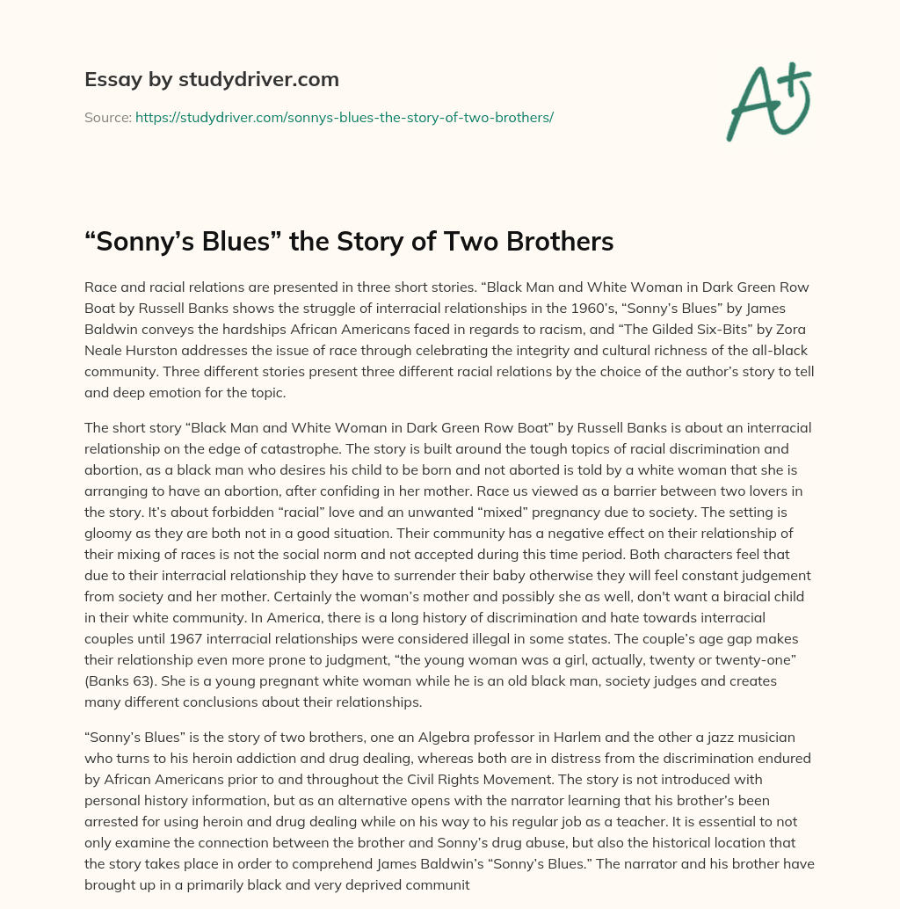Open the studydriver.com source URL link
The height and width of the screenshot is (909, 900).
[x=344, y=116]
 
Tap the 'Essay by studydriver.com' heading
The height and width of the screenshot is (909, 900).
[x=212, y=79]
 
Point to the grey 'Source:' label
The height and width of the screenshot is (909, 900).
[x=108, y=116]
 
